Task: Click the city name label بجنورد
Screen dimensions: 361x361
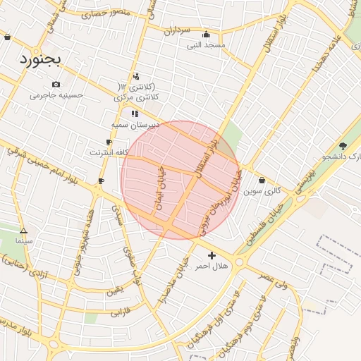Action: (x=42, y=58)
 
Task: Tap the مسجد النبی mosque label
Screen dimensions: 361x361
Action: (x=206, y=45)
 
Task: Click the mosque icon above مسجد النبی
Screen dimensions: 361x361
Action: (x=206, y=34)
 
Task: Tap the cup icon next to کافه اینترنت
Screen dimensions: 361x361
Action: (x=109, y=142)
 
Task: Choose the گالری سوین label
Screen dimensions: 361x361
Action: (x=262, y=191)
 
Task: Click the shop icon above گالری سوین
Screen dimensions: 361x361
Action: (x=262, y=180)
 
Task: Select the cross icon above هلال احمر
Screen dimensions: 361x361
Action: (x=212, y=255)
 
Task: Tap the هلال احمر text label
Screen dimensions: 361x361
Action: (x=212, y=266)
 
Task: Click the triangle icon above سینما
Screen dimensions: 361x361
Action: (x=23, y=230)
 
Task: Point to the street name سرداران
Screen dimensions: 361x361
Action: (x=178, y=31)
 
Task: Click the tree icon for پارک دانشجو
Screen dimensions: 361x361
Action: (x=343, y=146)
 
